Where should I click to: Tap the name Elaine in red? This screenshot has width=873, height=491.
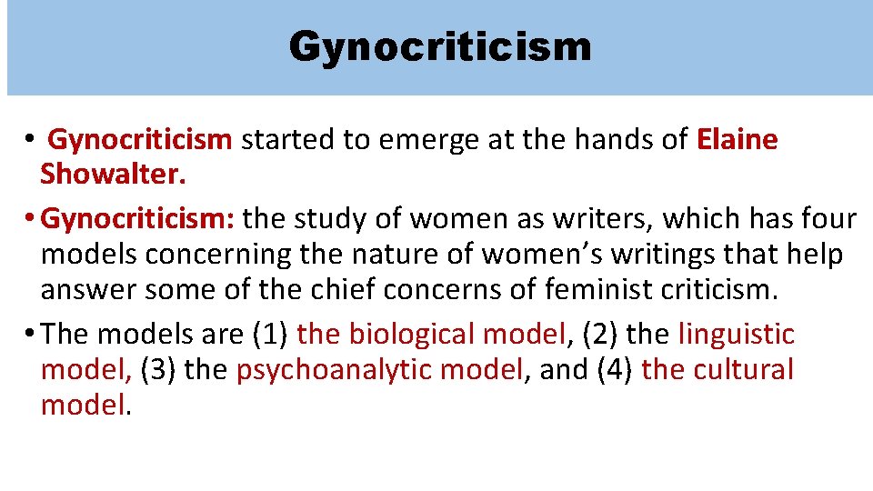[738, 140]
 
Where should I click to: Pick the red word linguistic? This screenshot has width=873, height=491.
[736, 335]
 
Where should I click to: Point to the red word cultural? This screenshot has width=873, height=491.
[738, 370]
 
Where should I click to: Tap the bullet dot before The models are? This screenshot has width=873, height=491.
[33, 335]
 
